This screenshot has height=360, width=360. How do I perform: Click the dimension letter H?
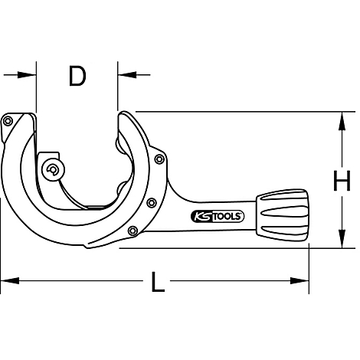click(x=342, y=182)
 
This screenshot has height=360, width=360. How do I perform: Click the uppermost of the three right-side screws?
click(x=159, y=159)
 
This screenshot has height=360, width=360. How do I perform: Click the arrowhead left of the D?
click(x=30, y=74)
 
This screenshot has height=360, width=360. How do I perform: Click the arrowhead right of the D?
click(x=124, y=74)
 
